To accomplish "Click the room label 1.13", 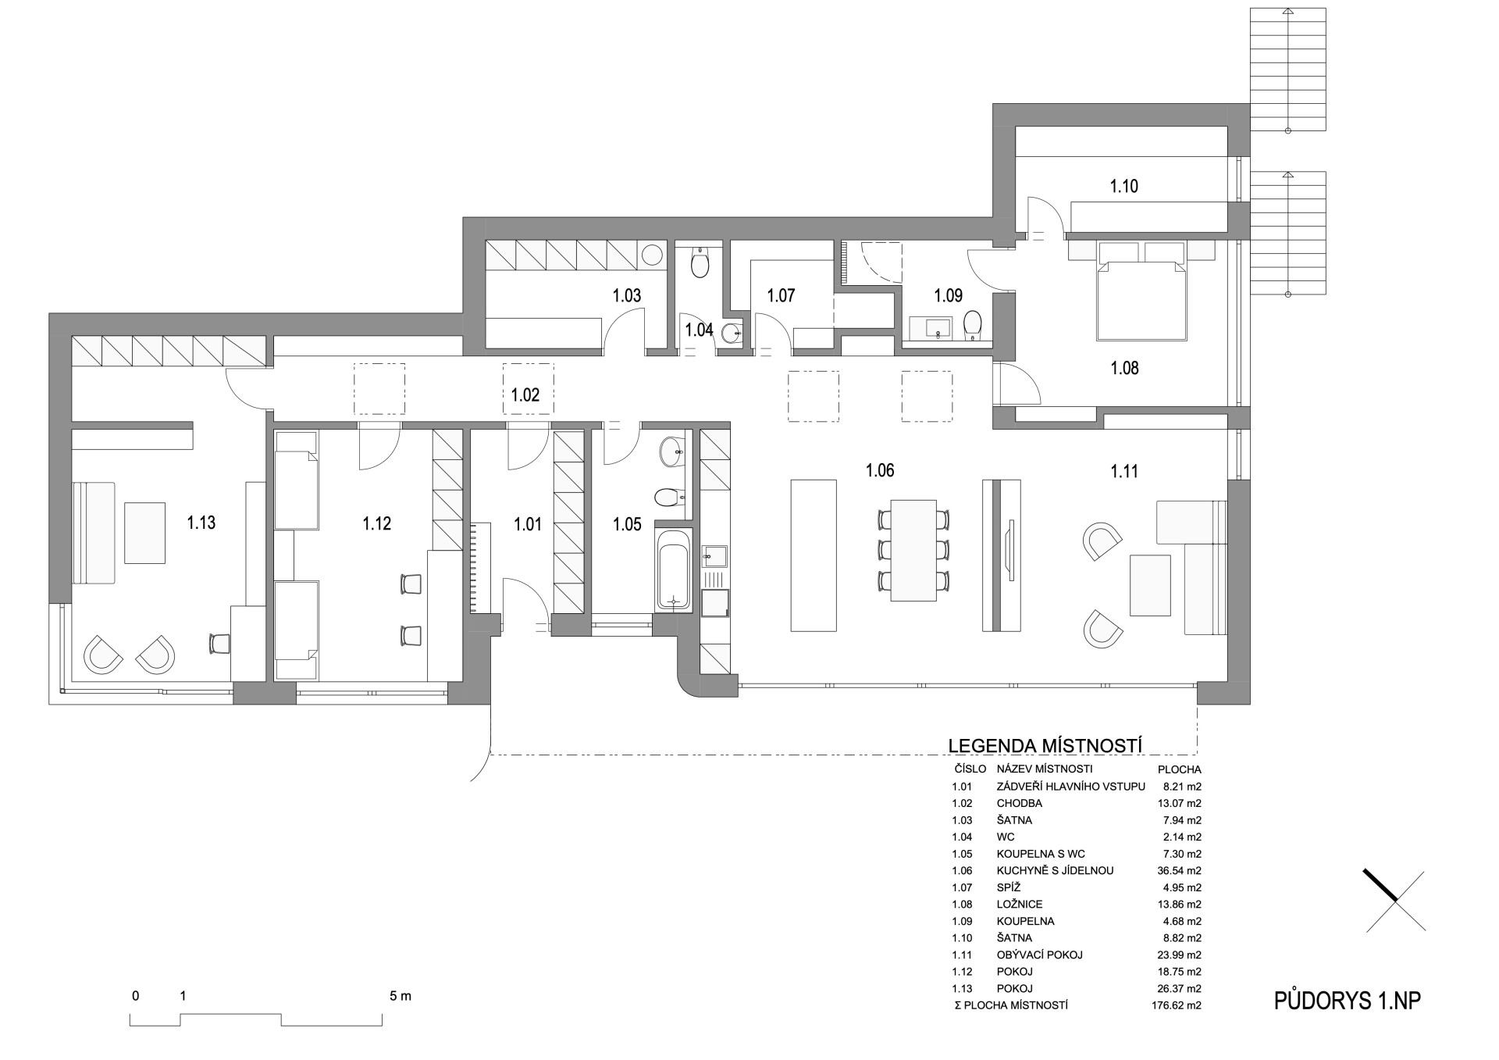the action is point(201,523).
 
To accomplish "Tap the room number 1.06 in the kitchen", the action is point(880,470).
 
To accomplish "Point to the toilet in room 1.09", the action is point(972,326).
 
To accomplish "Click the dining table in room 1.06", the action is point(913,551).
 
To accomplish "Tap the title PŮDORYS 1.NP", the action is point(1348,1001).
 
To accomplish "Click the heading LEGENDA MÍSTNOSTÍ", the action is point(1045,745).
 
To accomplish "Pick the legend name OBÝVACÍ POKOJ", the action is point(1039,955).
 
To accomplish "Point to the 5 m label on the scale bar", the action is point(401,996).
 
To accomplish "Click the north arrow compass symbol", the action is point(1395,901).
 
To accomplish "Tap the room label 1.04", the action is point(699,330).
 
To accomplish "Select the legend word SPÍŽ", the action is point(1009,887).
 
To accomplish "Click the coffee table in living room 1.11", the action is point(1150,585).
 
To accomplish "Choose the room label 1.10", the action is point(1124,186).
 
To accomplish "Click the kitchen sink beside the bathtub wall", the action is point(715,556).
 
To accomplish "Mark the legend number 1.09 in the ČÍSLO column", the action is point(962,921).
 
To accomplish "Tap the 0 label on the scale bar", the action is point(136,996).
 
